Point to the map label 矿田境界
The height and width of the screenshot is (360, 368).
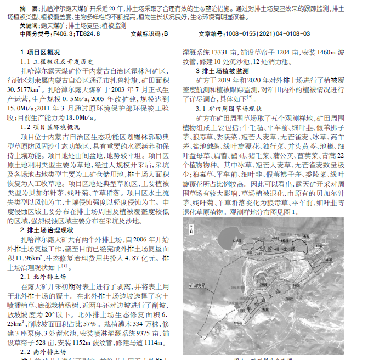point(200,285)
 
